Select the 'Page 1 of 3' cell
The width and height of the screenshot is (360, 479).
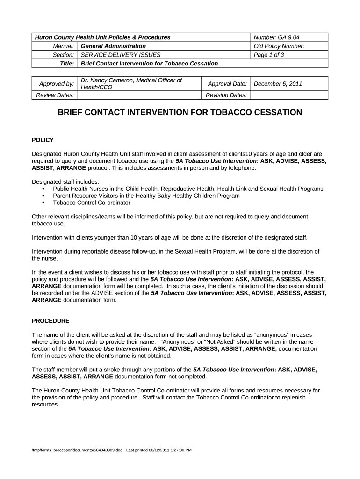click(269, 55)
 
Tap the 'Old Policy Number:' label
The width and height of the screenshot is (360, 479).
click(279, 46)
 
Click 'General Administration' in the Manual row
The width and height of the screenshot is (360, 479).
click(114, 46)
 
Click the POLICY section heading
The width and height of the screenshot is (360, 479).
click(43, 140)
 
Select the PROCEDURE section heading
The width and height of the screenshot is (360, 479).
click(50, 321)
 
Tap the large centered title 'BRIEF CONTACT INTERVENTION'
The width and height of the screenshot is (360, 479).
click(180, 113)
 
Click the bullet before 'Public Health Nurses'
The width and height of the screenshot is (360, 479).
click(43, 189)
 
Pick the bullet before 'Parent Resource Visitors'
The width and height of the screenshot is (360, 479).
click(43, 196)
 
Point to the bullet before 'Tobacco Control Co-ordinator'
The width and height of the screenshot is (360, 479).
click(43, 203)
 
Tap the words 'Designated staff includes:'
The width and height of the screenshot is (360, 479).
click(65, 181)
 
